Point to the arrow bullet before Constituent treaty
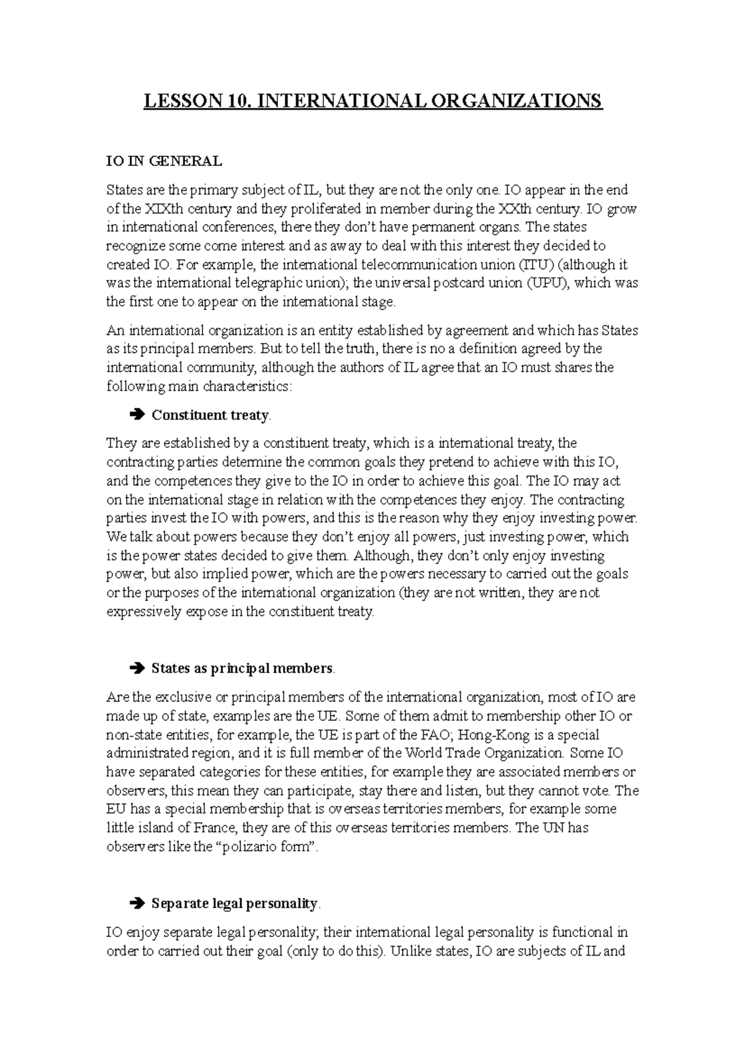click(x=137, y=415)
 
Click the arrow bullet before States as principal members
click(x=137, y=669)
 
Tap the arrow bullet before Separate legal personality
click(x=137, y=904)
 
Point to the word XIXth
click(x=161, y=209)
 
